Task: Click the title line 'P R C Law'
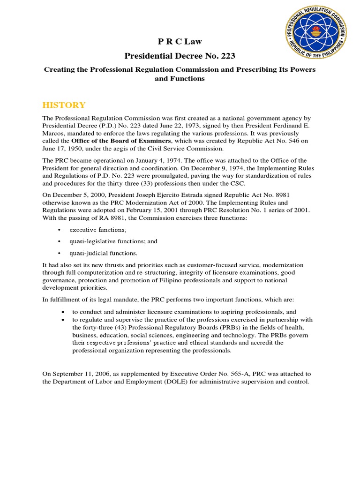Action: pos(180,42)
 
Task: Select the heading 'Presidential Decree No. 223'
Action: pos(180,56)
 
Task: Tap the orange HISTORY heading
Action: pos(64,105)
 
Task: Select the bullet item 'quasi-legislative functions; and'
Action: pos(113,241)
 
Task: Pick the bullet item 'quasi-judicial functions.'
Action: pos(104,253)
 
